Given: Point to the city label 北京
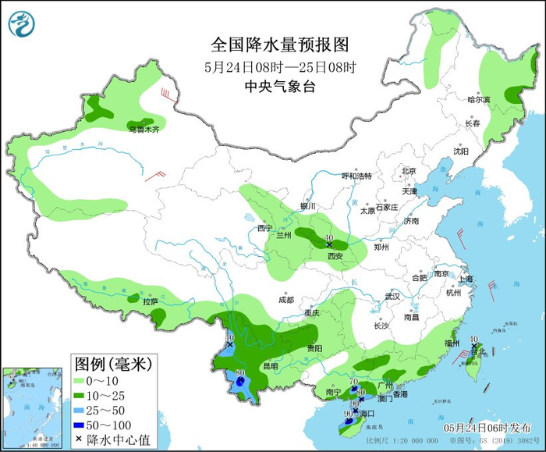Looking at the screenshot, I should pos(409,171).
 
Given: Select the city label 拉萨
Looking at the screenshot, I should pos(151,301).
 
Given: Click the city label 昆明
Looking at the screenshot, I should pos(270,365).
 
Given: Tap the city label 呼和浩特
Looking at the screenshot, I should pos(358,176).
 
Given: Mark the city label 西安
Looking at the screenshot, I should pos(335,256).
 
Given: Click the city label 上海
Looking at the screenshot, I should pos(466,279).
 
